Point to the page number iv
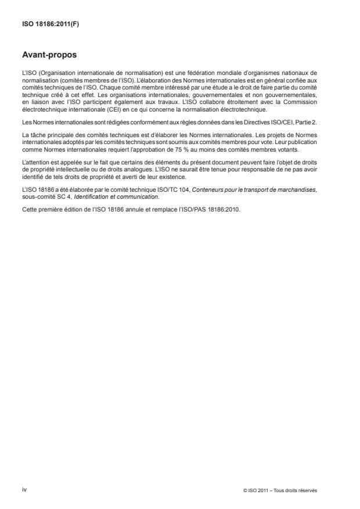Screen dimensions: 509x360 [x=24, y=489]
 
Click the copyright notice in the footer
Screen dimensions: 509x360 [x=280, y=490]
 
